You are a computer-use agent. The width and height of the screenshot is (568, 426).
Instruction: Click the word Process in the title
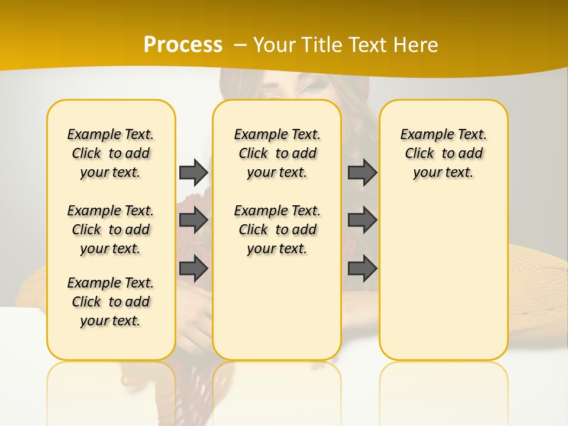pos(183,44)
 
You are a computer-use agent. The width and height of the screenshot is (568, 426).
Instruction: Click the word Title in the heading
pos(325,44)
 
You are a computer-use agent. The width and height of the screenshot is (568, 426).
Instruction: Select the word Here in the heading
pos(417,44)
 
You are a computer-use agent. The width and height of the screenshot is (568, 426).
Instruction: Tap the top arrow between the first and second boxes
pos(193,172)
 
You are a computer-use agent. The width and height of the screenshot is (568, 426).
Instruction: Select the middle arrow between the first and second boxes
pos(193,220)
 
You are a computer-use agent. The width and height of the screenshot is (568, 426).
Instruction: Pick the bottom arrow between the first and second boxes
pos(193,268)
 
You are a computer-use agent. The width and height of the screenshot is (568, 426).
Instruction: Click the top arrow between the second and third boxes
pos(362,172)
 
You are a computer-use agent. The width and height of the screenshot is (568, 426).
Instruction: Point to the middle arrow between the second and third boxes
pos(362,220)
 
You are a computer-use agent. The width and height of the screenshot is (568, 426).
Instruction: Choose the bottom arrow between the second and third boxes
pos(362,268)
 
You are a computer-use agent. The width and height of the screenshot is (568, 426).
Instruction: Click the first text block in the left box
pos(111,153)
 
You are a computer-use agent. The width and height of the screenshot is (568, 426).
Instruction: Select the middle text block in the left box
pos(111,230)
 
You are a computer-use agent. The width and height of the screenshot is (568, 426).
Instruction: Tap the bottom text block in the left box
pos(111,302)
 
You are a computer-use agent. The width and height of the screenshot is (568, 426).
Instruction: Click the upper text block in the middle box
pos(277,153)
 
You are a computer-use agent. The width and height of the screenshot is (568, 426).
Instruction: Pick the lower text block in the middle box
pos(277,230)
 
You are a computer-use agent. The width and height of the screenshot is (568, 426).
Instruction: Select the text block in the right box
pos(443,153)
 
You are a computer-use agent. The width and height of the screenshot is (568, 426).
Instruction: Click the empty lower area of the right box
pos(443,284)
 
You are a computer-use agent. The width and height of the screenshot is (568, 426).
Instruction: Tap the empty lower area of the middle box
pos(277,308)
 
